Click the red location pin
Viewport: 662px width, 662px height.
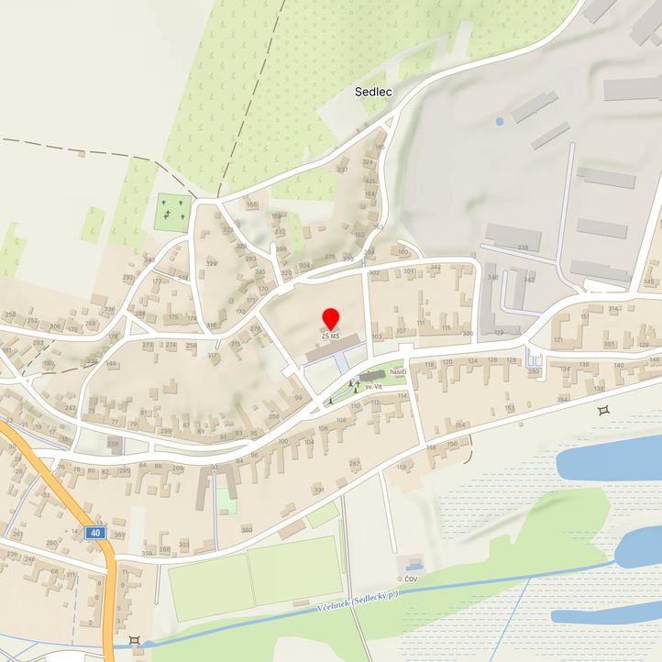[331, 320]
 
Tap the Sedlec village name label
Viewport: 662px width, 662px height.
[373, 92]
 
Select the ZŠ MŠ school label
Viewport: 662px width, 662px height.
[331, 337]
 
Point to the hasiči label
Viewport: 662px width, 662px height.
[397, 371]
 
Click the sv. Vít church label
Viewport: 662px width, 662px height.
[372, 388]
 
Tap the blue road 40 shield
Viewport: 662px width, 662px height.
[96, 532]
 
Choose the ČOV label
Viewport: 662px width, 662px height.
[411, 579]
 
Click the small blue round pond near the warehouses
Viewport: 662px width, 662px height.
[500, 121]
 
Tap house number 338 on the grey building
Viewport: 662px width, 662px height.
[523, 248]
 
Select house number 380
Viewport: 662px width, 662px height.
[246, 530]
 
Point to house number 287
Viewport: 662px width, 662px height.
[354, 464]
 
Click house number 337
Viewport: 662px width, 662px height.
[343, 170]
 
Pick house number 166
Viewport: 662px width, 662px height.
[251, 204]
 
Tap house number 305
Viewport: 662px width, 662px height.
[610, 344]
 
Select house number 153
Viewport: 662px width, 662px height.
[510, 407]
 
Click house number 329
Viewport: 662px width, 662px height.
[212, 264]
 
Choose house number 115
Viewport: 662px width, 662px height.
[446, 327]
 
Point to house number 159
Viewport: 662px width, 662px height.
[402, 468]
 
